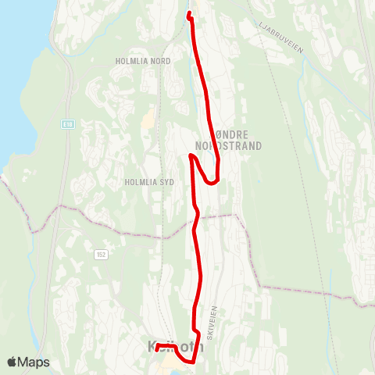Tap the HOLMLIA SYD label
tap(149, 181)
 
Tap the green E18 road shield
tap(69, 123)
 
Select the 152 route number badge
tap(101, 254)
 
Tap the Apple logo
tap(12, 362)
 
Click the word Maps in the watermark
tap(35, 362)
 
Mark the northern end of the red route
tap(190, 13)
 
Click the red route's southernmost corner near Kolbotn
tap(190, 362)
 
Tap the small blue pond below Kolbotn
tap(166, 370)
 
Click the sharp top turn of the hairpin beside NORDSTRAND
tap(191, 156)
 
